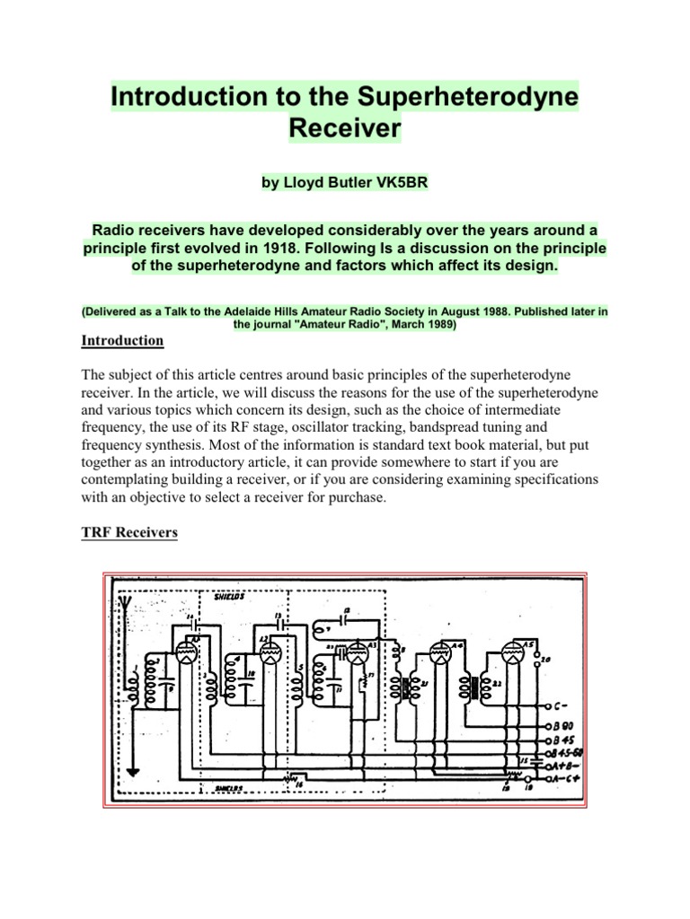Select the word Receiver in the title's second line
(344, 128)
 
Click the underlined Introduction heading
(122, 340)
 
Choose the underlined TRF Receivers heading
(129, 532)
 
